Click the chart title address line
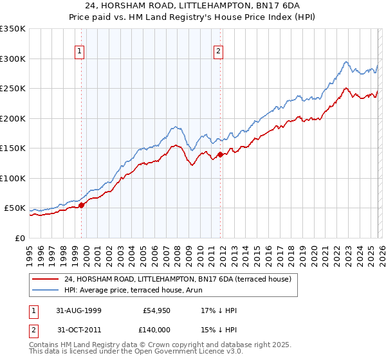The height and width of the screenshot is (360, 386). [192, 6]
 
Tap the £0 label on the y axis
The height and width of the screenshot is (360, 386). [19, 238]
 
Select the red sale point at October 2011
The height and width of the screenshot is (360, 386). [220, 154]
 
